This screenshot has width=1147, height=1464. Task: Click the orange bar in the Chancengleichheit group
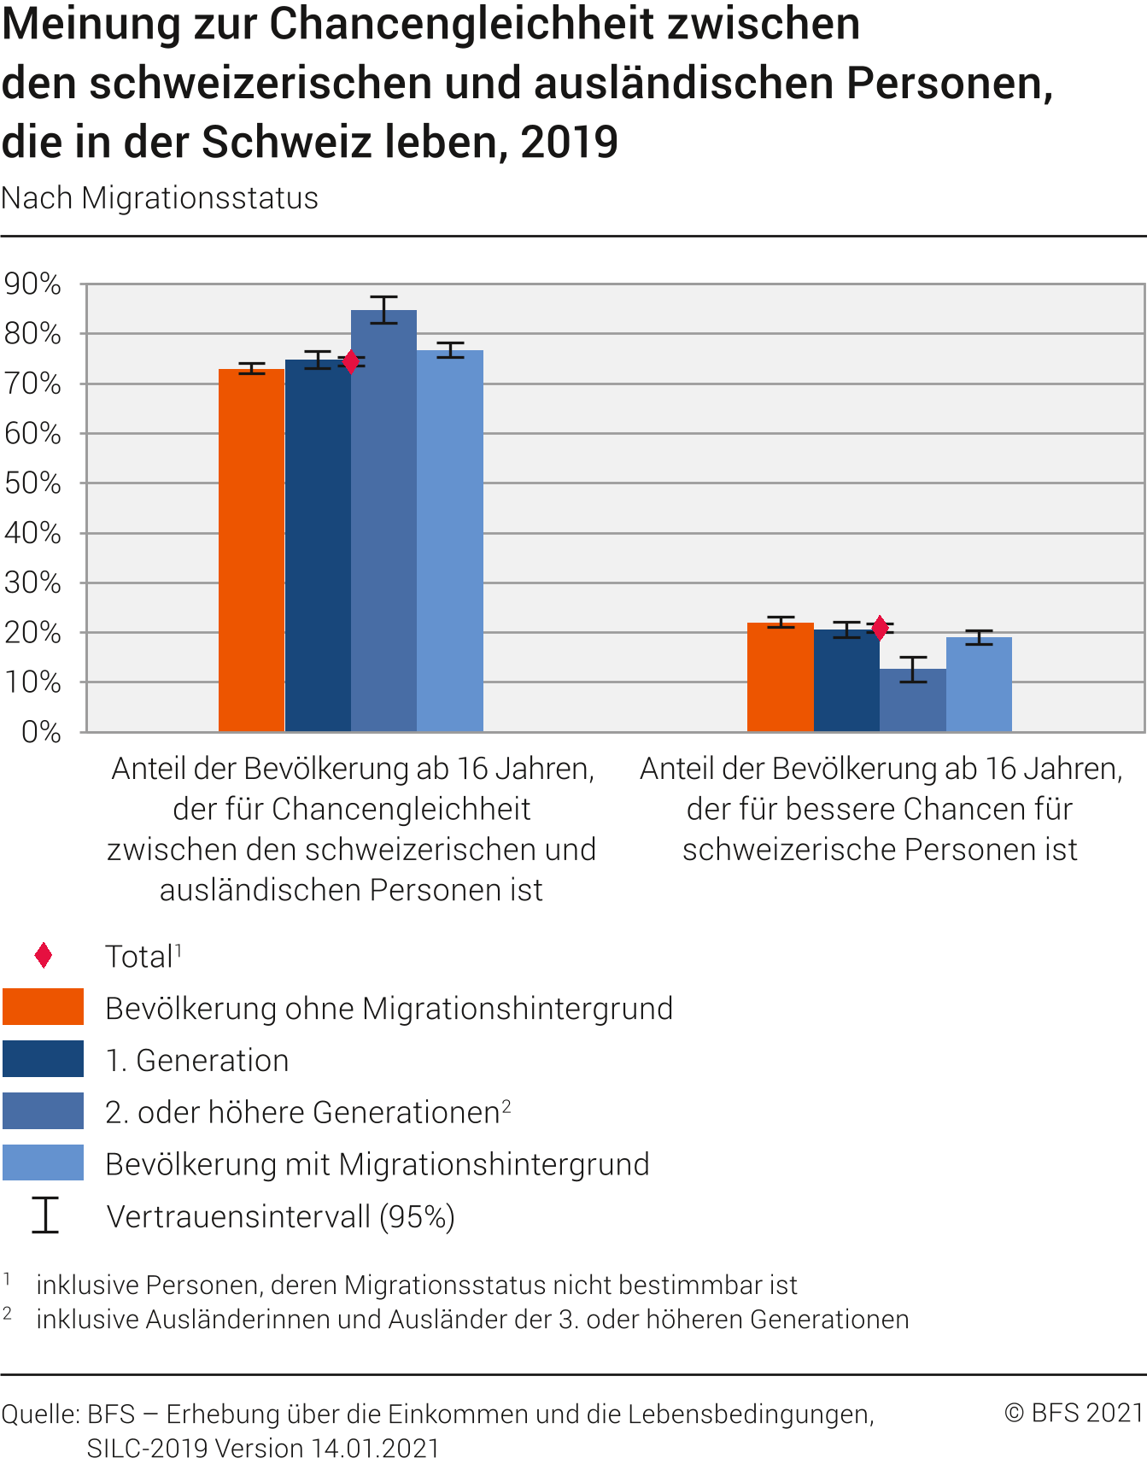pos(251,550)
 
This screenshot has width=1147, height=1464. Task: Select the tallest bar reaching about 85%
pos(383,521)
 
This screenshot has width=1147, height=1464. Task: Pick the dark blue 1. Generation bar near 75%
pos(318,546)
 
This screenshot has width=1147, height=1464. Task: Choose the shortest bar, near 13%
pos(913,700)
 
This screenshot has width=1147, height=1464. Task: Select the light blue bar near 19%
pos(979,684)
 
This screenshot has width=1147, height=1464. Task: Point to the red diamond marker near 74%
pos(350,361)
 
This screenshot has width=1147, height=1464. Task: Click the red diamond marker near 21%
pos(880,628)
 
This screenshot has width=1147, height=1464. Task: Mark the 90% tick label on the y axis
pos(32,284)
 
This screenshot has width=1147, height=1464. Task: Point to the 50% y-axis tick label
pos(32,483)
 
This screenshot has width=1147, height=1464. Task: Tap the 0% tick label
pos(40,732)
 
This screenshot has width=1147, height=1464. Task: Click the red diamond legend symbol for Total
pos(44,956)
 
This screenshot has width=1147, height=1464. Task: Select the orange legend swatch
pos(44,1007)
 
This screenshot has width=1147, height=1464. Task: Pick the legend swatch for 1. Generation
pos(44,1059)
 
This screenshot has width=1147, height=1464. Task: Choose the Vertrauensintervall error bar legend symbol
pos(45,1215)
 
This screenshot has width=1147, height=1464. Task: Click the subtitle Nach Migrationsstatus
pos(160,198)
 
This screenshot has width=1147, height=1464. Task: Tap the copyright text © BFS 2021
pos(1074,1413)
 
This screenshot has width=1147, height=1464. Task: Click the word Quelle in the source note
pos(39,1414)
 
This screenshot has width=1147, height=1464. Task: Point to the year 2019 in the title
pos(569,142)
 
